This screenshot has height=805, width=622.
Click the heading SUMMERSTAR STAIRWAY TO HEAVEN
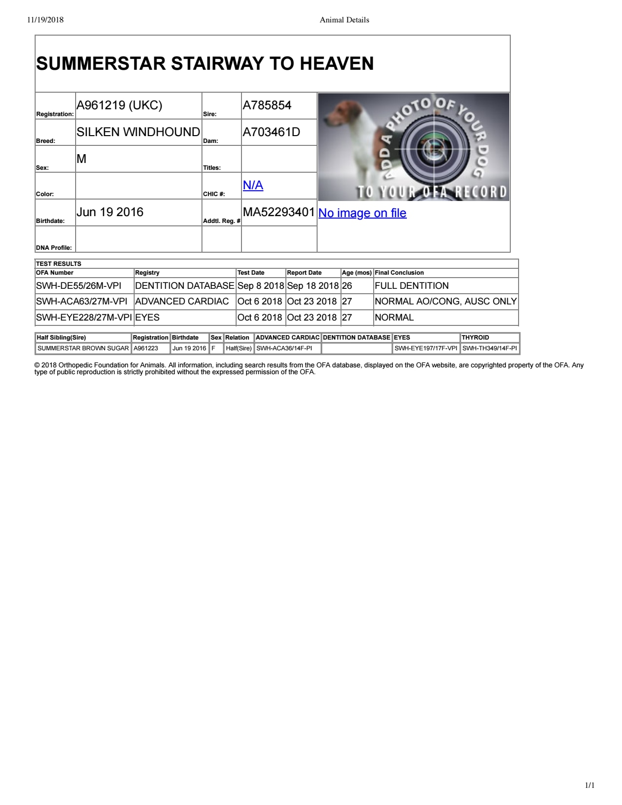[205, 64]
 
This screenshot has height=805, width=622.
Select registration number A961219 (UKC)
[120, 105]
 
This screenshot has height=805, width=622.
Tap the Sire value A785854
[267, 105]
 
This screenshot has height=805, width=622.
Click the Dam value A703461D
[271, 132]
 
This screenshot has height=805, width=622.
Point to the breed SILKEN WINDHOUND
[138, 132]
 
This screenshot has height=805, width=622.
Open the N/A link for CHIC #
[253, 185]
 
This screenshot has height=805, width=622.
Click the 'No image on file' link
[362, 213]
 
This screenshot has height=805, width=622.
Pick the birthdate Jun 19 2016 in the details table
[110, 212]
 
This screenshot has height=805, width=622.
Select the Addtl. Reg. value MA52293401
[279, 212]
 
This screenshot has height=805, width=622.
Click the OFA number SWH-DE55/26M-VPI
[79, 286]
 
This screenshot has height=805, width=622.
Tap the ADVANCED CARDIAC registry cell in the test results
[182, 302]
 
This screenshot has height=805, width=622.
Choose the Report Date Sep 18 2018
[313, 286]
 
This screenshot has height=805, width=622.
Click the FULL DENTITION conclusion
[411, 286]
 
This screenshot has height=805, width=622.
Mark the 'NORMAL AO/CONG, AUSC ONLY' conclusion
[445, 302]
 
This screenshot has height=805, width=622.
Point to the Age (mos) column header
[357, 273]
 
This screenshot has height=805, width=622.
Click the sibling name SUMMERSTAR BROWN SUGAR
[83, 348]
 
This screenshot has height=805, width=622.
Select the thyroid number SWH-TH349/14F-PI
[489, 348]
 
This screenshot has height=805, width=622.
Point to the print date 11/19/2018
[45, 20]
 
